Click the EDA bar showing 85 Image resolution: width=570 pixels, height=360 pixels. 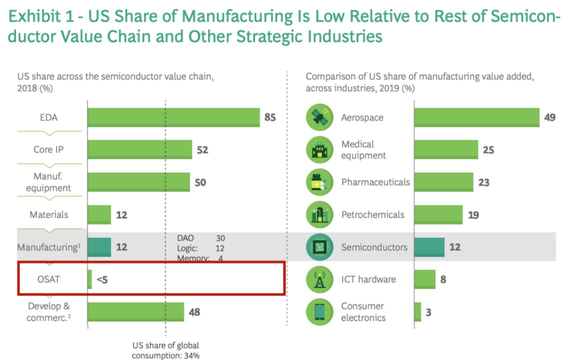[x=173, y=118]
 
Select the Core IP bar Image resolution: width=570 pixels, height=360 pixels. [x=139, y=150]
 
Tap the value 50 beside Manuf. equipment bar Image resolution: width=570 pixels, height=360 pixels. [x=200, y=183]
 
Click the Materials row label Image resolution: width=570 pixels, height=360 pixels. [x=49, y=215]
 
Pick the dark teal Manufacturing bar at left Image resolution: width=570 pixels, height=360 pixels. [x=99, y=247]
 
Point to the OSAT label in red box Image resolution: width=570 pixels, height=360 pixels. [x=49, y=279]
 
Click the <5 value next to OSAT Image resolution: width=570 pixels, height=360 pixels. [x=102, y=280]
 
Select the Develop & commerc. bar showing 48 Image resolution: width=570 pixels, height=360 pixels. [x=136, y=312]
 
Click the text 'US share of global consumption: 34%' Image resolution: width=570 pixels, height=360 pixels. [x=166, y=350]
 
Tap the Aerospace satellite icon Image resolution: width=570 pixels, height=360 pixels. [x=319, y=118]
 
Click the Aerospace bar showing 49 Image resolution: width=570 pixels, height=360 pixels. [x=477, y=118]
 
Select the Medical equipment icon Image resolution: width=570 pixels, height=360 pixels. [x=319, y=150]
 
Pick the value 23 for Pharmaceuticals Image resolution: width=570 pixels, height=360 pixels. [x=483, y=183]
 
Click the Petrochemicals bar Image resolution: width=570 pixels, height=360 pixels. [x=439, y=215]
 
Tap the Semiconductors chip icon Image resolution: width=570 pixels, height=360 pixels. [x=319, y=247]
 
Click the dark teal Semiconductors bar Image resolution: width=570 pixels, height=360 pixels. [x=429, y=247]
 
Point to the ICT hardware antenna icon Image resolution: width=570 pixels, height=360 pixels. [x=319, y=280]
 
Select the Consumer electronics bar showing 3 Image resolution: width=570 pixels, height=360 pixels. [x=418, y=312]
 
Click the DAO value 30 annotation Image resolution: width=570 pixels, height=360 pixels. [x=220, y=239]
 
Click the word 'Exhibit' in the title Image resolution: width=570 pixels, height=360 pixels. [x=33, y=17]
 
